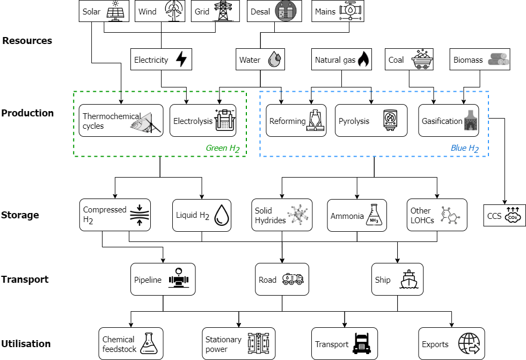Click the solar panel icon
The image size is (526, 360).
pos(115,11)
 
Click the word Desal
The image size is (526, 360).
pos(260,11)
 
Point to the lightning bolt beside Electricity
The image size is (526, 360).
pos(181,60)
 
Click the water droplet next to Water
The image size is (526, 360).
pos(275,60)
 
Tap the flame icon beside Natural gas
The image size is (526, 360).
pos(363,60)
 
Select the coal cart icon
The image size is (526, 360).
pos(422,60)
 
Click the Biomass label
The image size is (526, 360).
pos(468,60)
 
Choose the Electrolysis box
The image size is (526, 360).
pos(203,121)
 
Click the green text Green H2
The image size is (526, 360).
pos(222,148)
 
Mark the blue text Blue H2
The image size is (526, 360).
pos(464,148)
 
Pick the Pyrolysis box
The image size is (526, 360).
pos(371,121)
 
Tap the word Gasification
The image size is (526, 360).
pos(442,121)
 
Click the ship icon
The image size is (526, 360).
pos(409,280)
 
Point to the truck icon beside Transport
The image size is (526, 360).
pos(362,344)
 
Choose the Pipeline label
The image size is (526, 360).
pos(148,280)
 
